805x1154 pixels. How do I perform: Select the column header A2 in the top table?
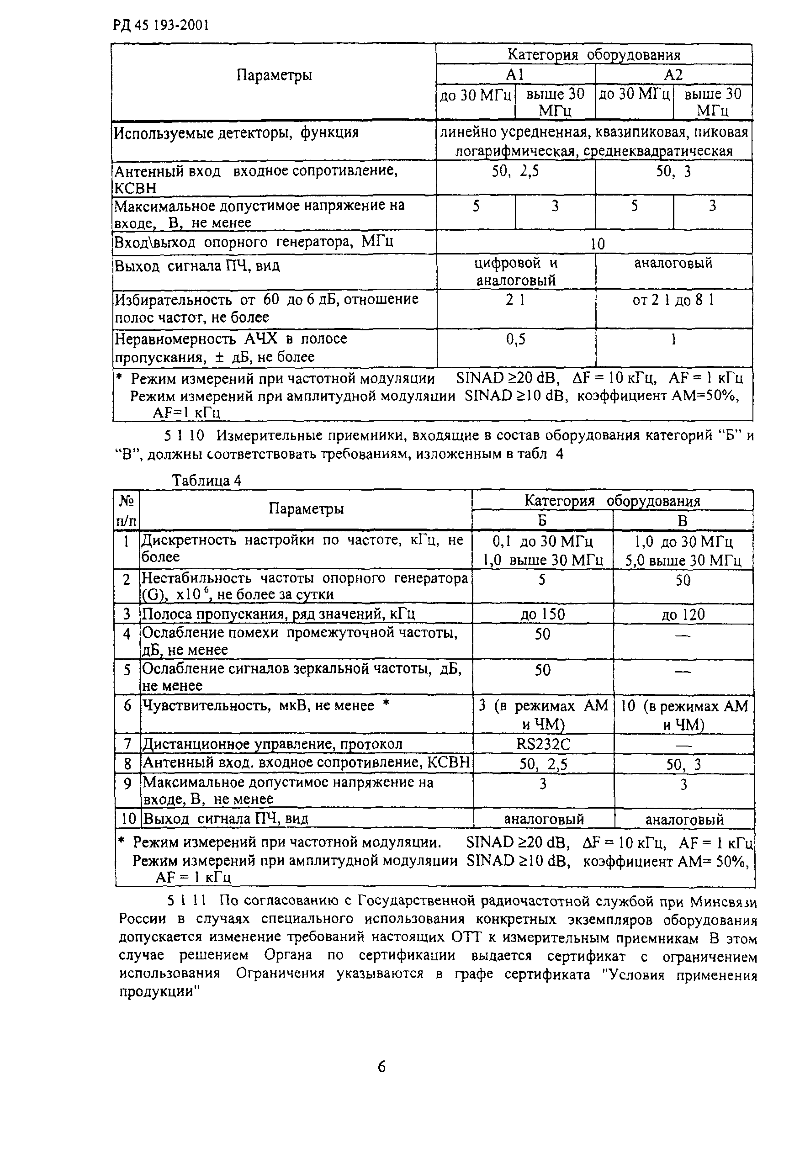[673, 75]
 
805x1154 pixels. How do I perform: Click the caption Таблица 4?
[207, 481]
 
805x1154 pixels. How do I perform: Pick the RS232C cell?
[543, 743]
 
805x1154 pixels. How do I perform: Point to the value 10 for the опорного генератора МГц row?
[597, 244]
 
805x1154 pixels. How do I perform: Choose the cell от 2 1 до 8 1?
[673, 300]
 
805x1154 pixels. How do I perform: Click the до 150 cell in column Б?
[543, 614]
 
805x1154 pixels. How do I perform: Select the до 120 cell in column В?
[683, 614]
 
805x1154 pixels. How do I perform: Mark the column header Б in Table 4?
[542, 520]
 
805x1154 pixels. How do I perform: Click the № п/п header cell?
[126, 510]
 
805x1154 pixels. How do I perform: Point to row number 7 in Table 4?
[127, 743]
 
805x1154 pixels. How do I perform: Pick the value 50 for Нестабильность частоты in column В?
[683, 580]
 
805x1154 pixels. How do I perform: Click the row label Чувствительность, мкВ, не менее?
[258, 706]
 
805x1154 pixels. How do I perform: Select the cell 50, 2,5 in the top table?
[515, 171]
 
